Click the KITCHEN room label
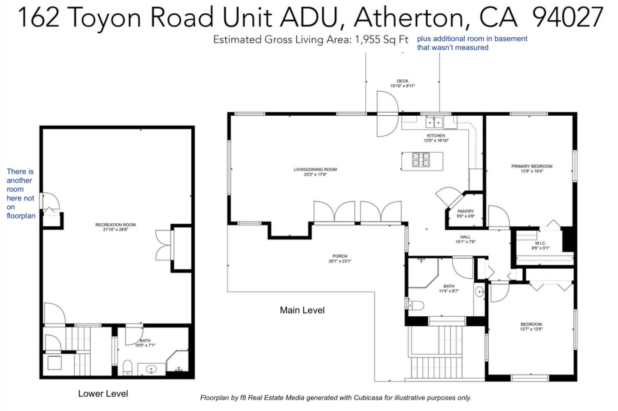coord(436,135)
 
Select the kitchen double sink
coord(434,123)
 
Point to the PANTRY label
coord(465,211)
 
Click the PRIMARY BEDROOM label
coord(532,166)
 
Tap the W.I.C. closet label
coord(540,243)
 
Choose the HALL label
coord(465,237)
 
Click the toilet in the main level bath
coord(416,305)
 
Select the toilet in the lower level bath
coord(127,367)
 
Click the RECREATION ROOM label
coord(115,225)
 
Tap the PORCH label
coord(339,256)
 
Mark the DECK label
coord(403,81)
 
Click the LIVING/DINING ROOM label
coord(315,169)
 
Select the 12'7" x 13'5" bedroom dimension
coord(531,330)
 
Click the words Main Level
coord(302,310)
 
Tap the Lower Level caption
coord(103,393)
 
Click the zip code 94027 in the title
coord(567,18)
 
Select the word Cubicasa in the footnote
coord(368,398)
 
